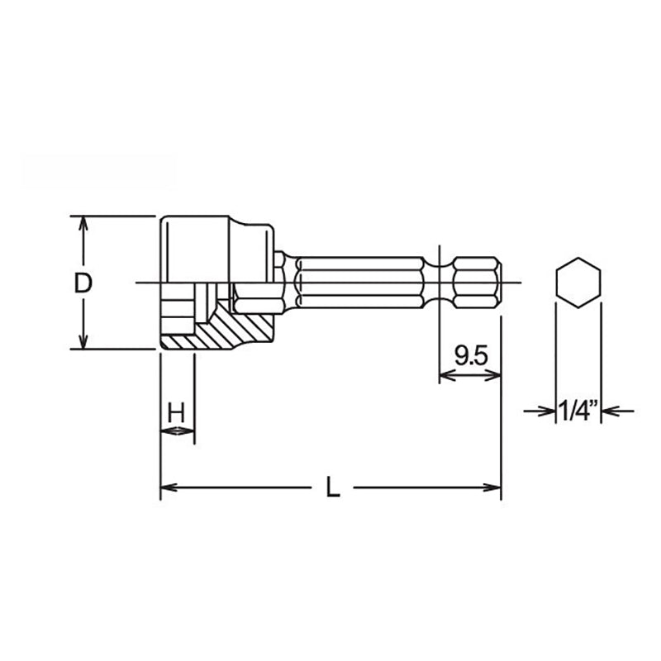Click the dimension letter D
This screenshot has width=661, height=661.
coord(83,283)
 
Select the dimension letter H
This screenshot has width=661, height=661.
coord(176,413)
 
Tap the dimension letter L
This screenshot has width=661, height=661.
coord(331,487)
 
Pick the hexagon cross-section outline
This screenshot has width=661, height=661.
coord(578,283)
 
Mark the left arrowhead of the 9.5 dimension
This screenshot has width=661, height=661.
coord(445,376)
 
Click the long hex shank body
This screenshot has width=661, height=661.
coord(359,283)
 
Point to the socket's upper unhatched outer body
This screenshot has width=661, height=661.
coord(215,248)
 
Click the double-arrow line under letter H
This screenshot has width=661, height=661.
coord(177,430)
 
